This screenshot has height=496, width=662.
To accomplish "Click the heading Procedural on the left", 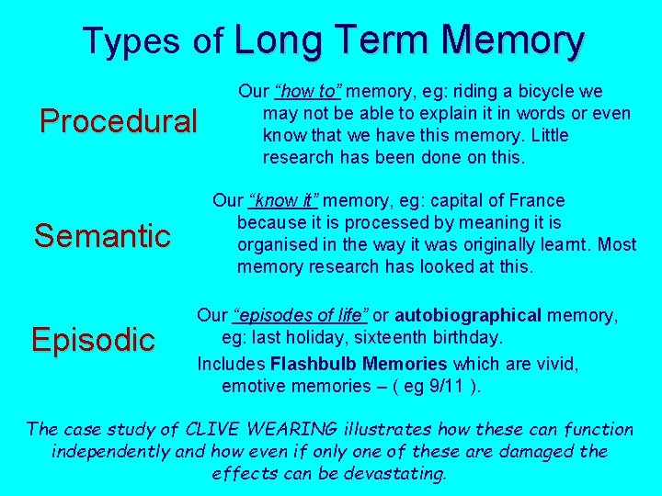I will coord(119,121).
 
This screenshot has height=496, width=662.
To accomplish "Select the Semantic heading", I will coord(102,235).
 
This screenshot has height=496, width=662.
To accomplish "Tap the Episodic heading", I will coord(93,340).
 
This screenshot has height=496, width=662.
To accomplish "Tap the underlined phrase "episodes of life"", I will coord(300,316).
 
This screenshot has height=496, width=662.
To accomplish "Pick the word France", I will coord(538,200).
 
